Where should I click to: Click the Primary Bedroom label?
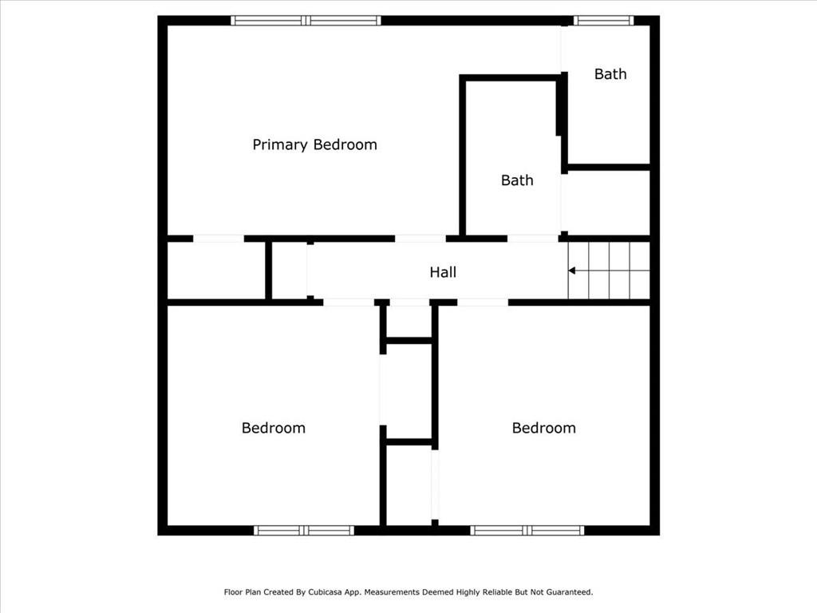click(314, 145)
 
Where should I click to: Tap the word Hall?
click(443, 272)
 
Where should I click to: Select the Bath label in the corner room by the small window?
click(610, 74)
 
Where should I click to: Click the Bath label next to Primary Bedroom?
click(517, 180)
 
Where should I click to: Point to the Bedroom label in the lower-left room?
click(273, 428)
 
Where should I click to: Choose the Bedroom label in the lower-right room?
click(543, 428)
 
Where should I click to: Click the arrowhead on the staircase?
click(571, 271)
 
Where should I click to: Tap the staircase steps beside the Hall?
click(609, 271)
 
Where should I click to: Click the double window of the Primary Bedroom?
click(306, 20)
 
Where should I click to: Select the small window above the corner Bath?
click(604, 20)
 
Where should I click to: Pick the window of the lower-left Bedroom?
click(304, 531)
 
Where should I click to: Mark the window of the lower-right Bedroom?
click(527, 531)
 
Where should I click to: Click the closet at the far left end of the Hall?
click(216, 271)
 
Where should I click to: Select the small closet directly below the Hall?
click(409, 322)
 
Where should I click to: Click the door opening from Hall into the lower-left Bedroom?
click(349, 303)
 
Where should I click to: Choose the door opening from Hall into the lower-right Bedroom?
click(483, 303)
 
